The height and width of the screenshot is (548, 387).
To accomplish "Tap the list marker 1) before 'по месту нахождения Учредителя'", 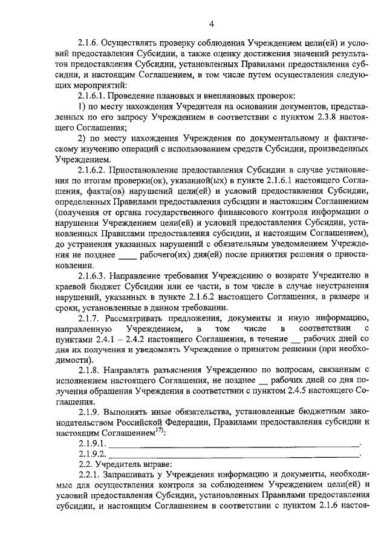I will (x=82, y=107).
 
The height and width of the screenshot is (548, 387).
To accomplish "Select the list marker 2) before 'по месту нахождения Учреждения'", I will (x=82, y=139).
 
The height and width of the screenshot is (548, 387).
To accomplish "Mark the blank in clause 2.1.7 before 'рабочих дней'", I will (x=296, y=339).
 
